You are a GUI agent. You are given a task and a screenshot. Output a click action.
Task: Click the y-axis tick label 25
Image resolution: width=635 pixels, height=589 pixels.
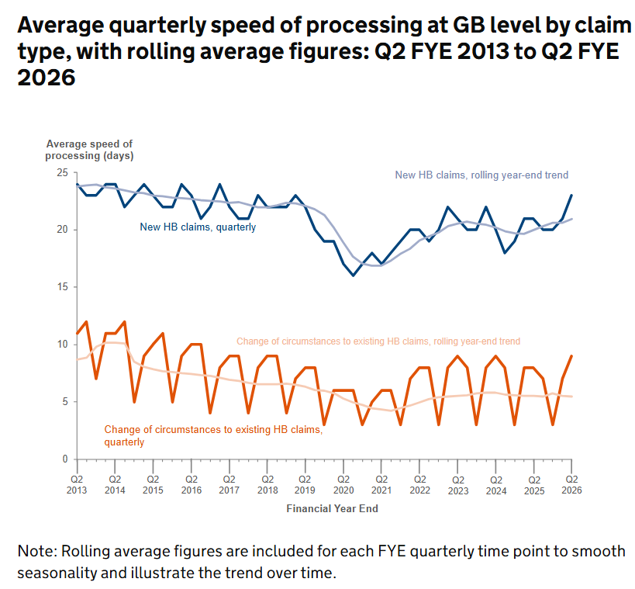pos(63,172)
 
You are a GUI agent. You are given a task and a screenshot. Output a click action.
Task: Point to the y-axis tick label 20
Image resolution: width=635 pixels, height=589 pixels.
pos(63,230)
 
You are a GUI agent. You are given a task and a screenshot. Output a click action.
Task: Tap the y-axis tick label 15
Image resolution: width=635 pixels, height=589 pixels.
pos(63,287)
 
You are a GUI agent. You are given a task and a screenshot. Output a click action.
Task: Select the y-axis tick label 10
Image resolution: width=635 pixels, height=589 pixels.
pos(63,345)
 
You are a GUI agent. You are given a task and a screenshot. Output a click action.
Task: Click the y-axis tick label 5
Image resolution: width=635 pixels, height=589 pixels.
pos(65,402)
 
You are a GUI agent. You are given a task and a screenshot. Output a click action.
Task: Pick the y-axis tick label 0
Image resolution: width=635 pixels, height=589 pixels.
pos(65,459)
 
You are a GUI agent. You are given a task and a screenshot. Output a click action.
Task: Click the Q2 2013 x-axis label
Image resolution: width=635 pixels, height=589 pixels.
pos(76,484)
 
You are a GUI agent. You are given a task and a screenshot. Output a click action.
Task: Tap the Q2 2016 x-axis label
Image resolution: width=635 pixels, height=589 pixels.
pos(191,484)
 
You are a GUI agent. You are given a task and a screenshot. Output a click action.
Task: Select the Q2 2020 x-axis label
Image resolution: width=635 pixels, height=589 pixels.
pos(343,484)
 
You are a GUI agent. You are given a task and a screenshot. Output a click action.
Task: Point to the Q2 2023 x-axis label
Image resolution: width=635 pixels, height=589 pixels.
pos(457,484)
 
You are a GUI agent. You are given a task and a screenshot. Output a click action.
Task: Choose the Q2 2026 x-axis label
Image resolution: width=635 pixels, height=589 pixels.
pos(571,484)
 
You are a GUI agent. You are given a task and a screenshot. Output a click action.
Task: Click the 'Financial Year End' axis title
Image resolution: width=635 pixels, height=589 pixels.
pos(332,509)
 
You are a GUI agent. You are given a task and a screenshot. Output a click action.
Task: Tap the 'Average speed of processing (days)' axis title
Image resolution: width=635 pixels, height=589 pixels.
pos(89,150)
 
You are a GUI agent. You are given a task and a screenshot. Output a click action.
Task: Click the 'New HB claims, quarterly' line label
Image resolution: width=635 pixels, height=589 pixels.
pos(198,227)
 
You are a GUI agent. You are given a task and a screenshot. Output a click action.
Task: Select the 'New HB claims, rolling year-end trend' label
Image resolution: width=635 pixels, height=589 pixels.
pos(481,175)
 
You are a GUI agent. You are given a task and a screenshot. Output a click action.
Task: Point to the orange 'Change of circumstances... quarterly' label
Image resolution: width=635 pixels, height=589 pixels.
pos(212,435)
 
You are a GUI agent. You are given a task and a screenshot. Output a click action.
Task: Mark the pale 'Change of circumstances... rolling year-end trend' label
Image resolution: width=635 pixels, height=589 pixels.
pos(378,341)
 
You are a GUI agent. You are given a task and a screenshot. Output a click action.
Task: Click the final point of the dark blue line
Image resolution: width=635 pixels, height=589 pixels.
pos(571,196)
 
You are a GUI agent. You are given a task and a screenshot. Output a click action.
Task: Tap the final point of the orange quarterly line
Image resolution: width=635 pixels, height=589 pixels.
pos(571,356)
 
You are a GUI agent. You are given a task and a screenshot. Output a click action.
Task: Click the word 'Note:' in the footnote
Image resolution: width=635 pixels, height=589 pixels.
pos(36,551)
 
